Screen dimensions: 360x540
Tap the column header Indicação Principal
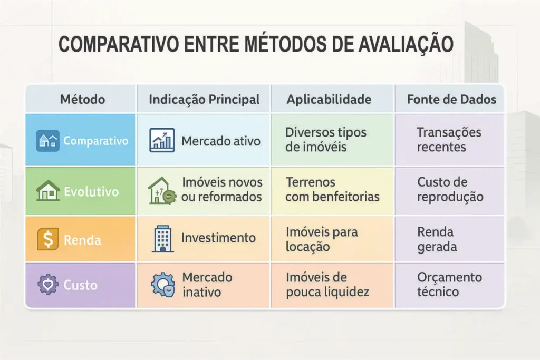(x=204, y=99)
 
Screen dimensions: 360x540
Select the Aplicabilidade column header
(x=329, y=99)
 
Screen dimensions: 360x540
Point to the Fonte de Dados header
(x=451, y=99)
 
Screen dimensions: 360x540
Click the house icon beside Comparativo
(x=47, y=141)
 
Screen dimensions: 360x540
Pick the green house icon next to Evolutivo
(x=47, y=191)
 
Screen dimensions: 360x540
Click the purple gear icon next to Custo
(x=47, y=285)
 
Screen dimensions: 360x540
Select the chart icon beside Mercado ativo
(x=162, y=141)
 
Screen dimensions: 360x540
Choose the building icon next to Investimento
(x=162, y=239)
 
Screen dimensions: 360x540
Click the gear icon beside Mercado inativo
(x=162, y=285)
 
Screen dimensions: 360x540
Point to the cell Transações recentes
(x=448, y=140)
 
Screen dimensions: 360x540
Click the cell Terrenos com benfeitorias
(x=332, y=190)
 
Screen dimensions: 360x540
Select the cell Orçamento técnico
(x=449, y=285)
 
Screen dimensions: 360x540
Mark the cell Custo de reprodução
(x=450, y=190)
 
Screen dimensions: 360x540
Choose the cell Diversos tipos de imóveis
(x=325, y=140)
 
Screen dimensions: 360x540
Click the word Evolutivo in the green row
(x=91, y=192)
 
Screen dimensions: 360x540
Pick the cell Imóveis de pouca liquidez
(x=327, y=285)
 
